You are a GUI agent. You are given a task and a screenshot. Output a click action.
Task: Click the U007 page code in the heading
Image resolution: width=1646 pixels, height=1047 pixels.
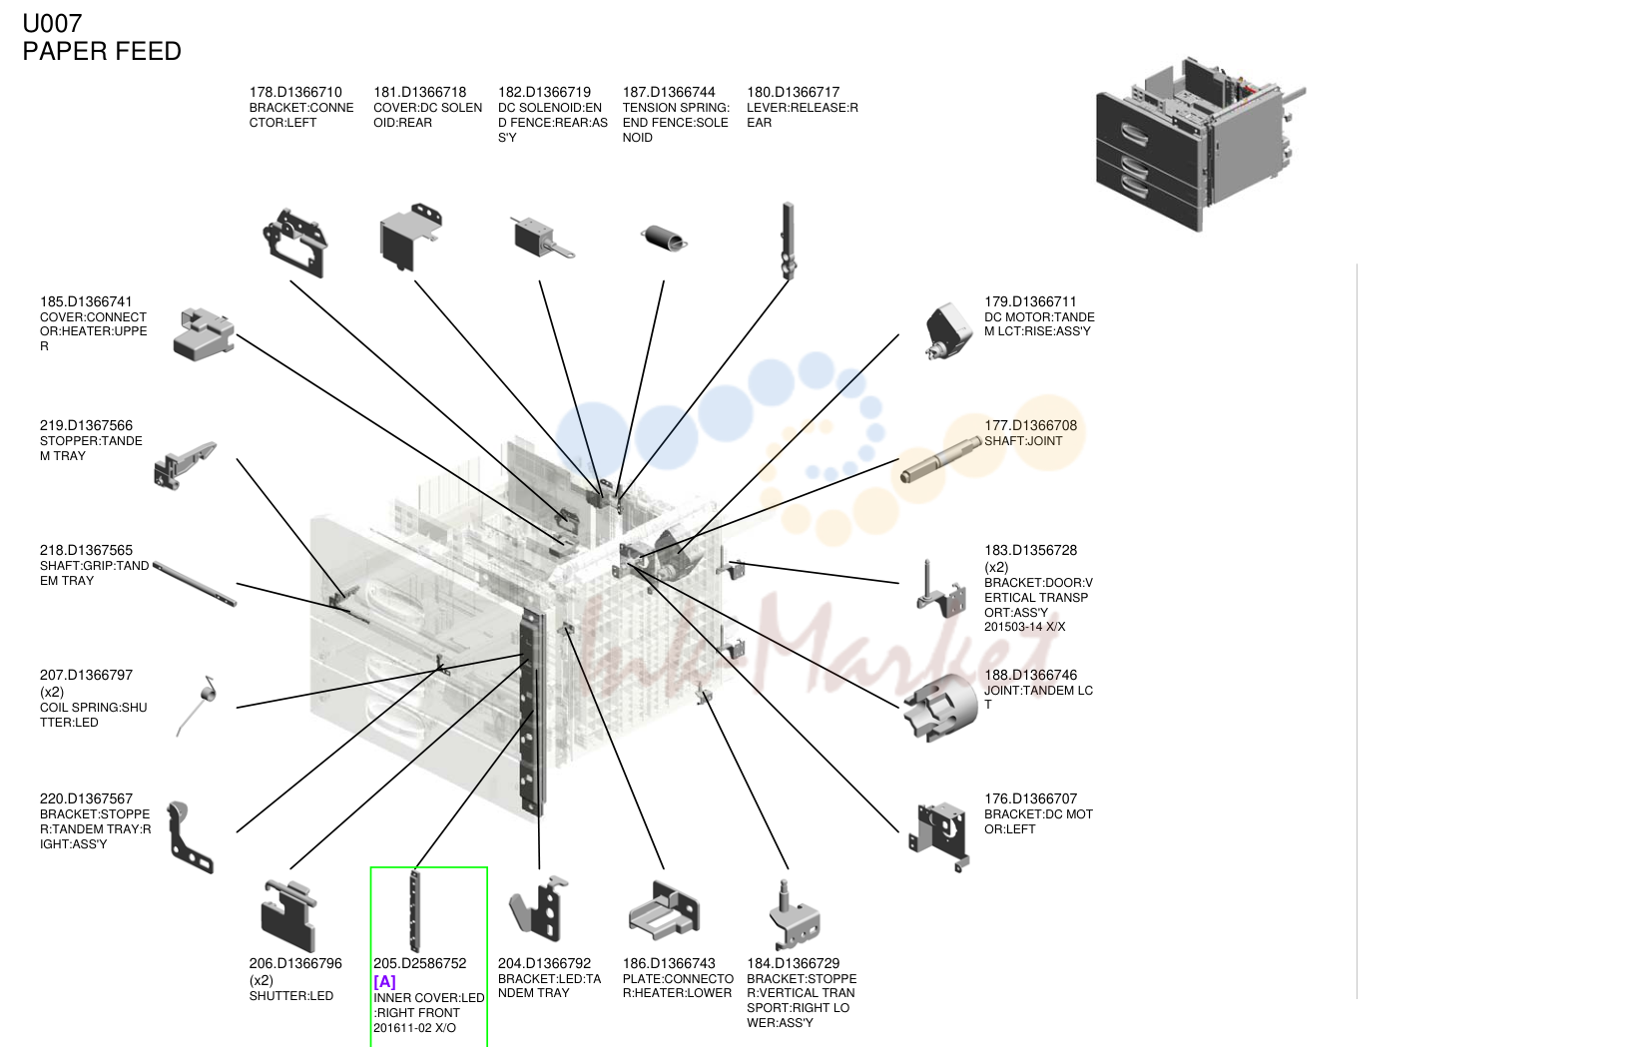tap(52, 24)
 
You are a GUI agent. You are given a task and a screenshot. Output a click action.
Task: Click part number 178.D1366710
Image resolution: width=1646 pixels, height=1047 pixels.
tap(295, 92)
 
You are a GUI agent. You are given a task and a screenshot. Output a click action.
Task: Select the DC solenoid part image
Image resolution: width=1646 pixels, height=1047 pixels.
tap(542, 237)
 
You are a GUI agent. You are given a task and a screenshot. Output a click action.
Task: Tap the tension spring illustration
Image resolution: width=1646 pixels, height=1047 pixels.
tap(664, 238)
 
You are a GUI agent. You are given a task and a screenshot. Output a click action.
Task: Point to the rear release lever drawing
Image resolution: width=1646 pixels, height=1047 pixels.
tap(788, 241)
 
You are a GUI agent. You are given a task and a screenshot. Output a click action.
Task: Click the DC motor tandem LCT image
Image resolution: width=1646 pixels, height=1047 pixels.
tap(948, 331)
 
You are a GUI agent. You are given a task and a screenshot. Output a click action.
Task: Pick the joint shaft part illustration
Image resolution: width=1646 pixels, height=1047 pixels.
tap(940, 459)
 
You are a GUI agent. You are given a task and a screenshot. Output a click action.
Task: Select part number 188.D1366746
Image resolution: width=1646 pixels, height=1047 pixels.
tap(1030, 675)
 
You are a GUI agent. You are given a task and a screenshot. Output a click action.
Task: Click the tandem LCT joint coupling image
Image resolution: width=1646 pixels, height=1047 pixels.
tap(940, 708)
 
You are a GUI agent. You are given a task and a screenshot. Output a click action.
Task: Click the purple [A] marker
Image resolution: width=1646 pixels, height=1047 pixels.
tap(384, 981)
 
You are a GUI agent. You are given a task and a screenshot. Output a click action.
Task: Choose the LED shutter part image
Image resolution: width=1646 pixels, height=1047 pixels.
tap(288, 915)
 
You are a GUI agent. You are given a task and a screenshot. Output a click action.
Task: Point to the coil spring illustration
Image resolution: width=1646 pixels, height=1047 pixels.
tap(197, 706)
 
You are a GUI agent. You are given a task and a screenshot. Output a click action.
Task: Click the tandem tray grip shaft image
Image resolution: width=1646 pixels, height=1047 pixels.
tap(195, 584)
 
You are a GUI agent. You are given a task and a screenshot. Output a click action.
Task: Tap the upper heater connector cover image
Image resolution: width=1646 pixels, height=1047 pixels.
tap(205, 334)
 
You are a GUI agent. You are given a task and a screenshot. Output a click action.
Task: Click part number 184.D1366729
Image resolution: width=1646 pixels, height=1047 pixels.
tap(793, 963)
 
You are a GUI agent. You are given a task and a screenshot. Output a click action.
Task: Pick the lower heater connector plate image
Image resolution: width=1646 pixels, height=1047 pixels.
tap(664, 910)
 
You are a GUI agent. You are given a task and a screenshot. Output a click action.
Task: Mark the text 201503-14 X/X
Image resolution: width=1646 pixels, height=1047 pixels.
tap(1024, 627)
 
